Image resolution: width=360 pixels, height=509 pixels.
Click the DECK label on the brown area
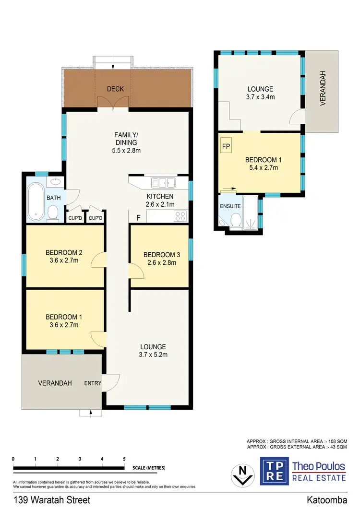click(115, 89)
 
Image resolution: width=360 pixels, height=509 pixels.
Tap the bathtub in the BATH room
click(36, 201)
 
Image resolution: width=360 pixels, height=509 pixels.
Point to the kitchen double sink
click(163, 182)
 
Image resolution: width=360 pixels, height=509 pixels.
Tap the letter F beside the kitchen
click(139, 218)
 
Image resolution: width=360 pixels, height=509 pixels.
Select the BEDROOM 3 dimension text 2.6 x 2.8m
click(160, 262)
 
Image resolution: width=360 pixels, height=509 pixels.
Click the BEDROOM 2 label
click(64, 253)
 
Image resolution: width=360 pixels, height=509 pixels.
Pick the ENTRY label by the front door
click(92, 383)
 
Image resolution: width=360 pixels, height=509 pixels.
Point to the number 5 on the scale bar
click(124, 459)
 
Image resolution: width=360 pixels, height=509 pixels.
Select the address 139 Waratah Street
click(52, 500)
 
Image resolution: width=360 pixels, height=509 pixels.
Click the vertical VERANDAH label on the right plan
click(323, 95)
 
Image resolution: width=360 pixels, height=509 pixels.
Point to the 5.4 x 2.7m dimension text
click(262, 167)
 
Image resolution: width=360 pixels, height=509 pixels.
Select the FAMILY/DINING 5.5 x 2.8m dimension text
click(127, 150)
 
